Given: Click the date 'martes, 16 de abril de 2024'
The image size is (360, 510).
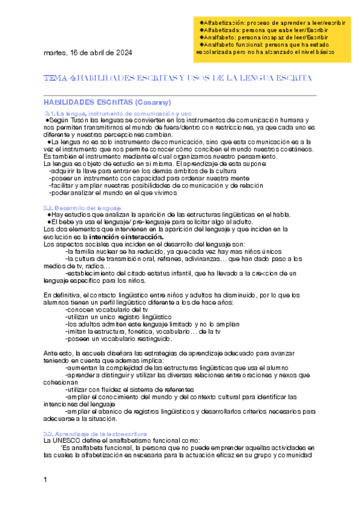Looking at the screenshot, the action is (x=88, y=52).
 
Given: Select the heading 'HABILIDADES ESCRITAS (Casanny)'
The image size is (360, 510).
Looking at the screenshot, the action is (x=108, y=102).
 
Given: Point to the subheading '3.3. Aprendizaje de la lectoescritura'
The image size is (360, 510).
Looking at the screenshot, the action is (x=95, y=433).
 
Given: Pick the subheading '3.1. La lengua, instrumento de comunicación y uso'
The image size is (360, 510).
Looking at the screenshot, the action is (x=118, y=113).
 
